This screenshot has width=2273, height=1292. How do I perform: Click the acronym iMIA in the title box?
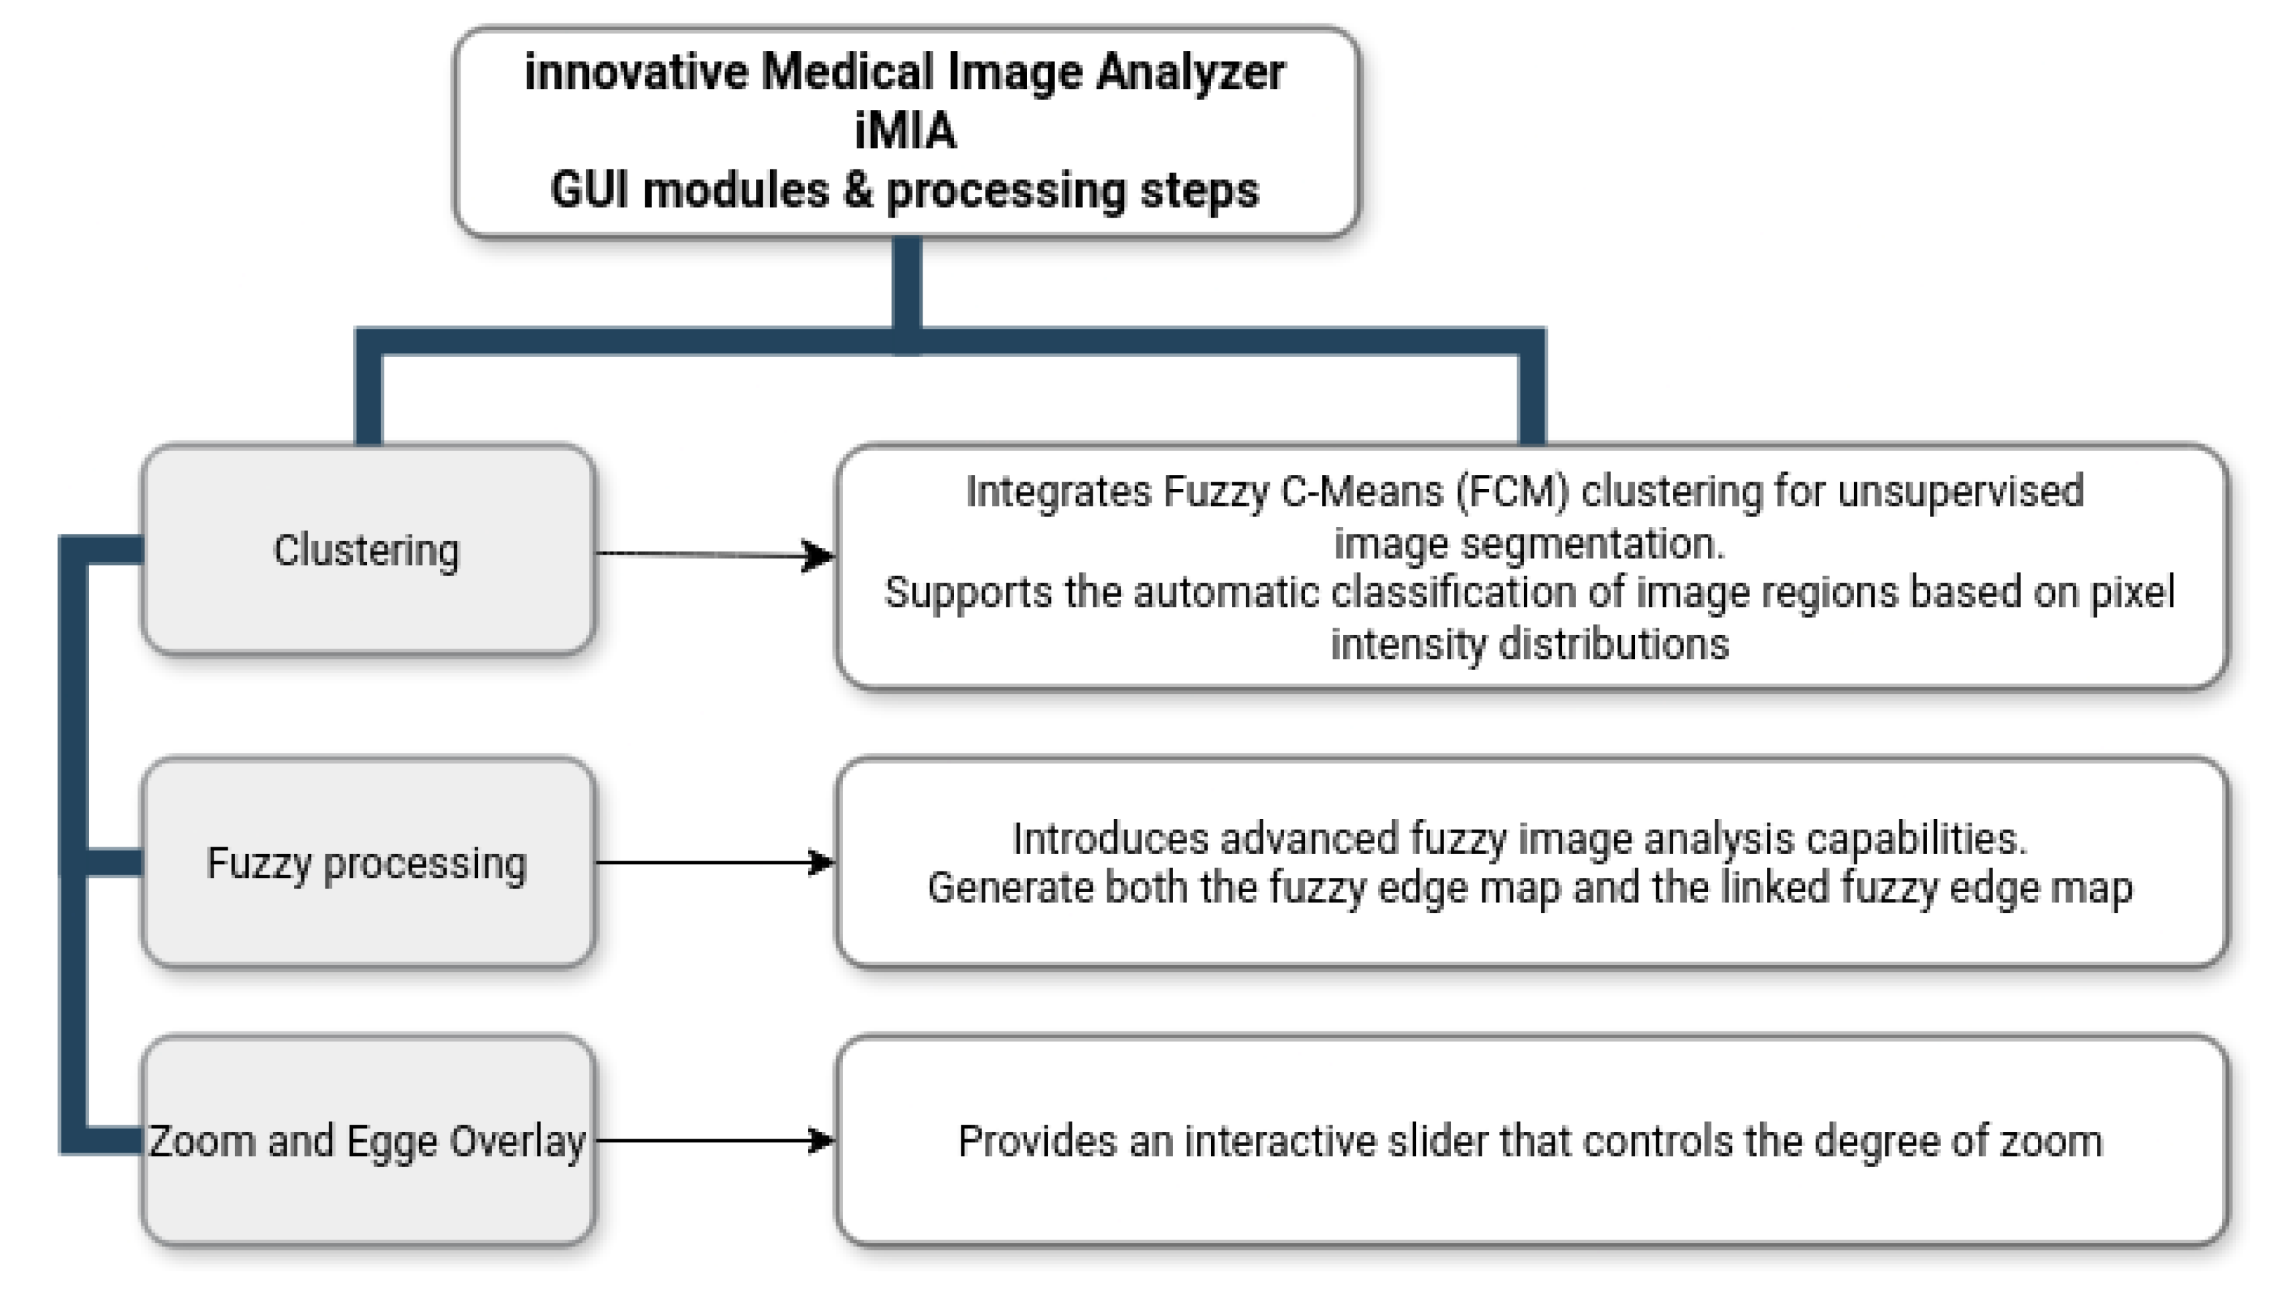click(905, 131)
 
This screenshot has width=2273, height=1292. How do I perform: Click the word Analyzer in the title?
click(1190, 73)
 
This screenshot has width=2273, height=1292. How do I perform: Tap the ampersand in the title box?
click(858, 190)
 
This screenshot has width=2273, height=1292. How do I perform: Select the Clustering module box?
click(367, 550)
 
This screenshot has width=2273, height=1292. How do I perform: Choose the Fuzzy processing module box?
click(367, 863)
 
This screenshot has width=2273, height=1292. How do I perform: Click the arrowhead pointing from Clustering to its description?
click(817, 557)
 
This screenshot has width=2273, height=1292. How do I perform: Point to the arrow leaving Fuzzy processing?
click(710, 861)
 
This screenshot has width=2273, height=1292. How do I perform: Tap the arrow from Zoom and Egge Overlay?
click(710, 1140)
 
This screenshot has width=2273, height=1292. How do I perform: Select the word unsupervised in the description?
click(1960, 492)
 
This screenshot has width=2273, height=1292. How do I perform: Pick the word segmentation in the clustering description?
click(1592, 543)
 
